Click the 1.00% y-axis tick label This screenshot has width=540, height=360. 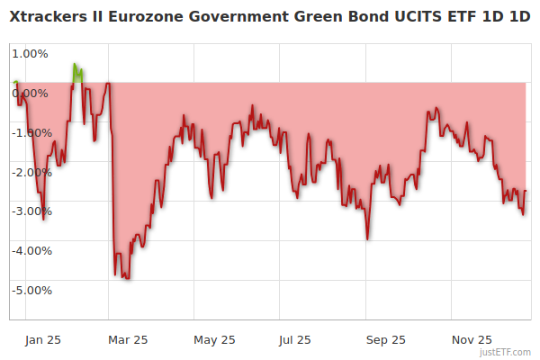click(31, 54)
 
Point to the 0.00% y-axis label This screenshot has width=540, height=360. click(31, 94)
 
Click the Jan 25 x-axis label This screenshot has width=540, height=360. click(42, 340)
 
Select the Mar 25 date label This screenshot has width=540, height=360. click(128, 340)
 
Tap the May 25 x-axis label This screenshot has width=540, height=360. click(214, 340)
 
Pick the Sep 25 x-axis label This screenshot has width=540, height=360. click(385, 340)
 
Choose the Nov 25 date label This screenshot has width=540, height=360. click(472, 340)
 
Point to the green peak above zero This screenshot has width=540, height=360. click(76, 66)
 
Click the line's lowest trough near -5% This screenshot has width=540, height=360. click(127, 278)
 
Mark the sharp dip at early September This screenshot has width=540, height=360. click(367, 238)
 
